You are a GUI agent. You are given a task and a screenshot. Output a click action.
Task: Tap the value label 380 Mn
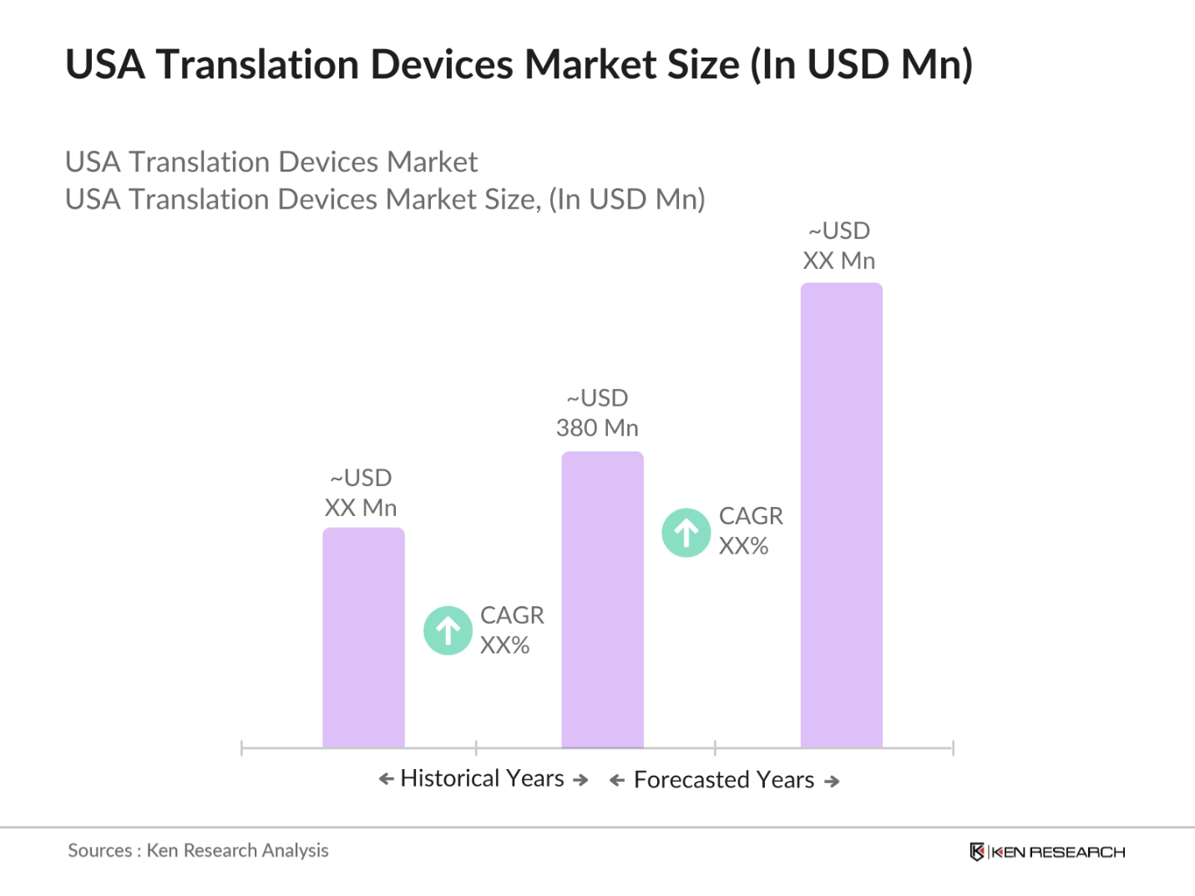tap(597, 428)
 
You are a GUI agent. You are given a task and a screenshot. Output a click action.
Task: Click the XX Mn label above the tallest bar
tap(838, 261)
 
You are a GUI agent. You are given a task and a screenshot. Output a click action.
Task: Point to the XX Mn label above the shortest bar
tap(361, 508)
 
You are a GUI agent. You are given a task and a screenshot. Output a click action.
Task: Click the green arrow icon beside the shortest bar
tap(448, 630)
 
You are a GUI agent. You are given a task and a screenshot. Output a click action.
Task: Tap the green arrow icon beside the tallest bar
tap(686, 533)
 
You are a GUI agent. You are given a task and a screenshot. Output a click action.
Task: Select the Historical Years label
tap(483, 778)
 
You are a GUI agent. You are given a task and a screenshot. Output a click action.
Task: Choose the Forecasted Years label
tap(724, 780)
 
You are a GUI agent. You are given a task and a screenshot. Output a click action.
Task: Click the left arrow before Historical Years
tap(386, 779)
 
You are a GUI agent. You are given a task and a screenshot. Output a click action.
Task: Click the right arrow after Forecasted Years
tap(832, 782)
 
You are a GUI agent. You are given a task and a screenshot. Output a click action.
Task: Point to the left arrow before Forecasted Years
tap(617, 781)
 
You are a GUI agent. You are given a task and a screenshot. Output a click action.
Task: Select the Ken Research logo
tap(1047, 852)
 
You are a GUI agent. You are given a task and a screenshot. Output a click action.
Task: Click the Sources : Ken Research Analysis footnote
tap(198, 850)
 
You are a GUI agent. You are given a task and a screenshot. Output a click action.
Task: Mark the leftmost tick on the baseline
tap(241, 747)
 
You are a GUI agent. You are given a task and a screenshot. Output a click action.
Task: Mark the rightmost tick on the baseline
tap(953, 747)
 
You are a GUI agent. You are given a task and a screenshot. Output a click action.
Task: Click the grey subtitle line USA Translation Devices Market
tap(271, 162)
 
